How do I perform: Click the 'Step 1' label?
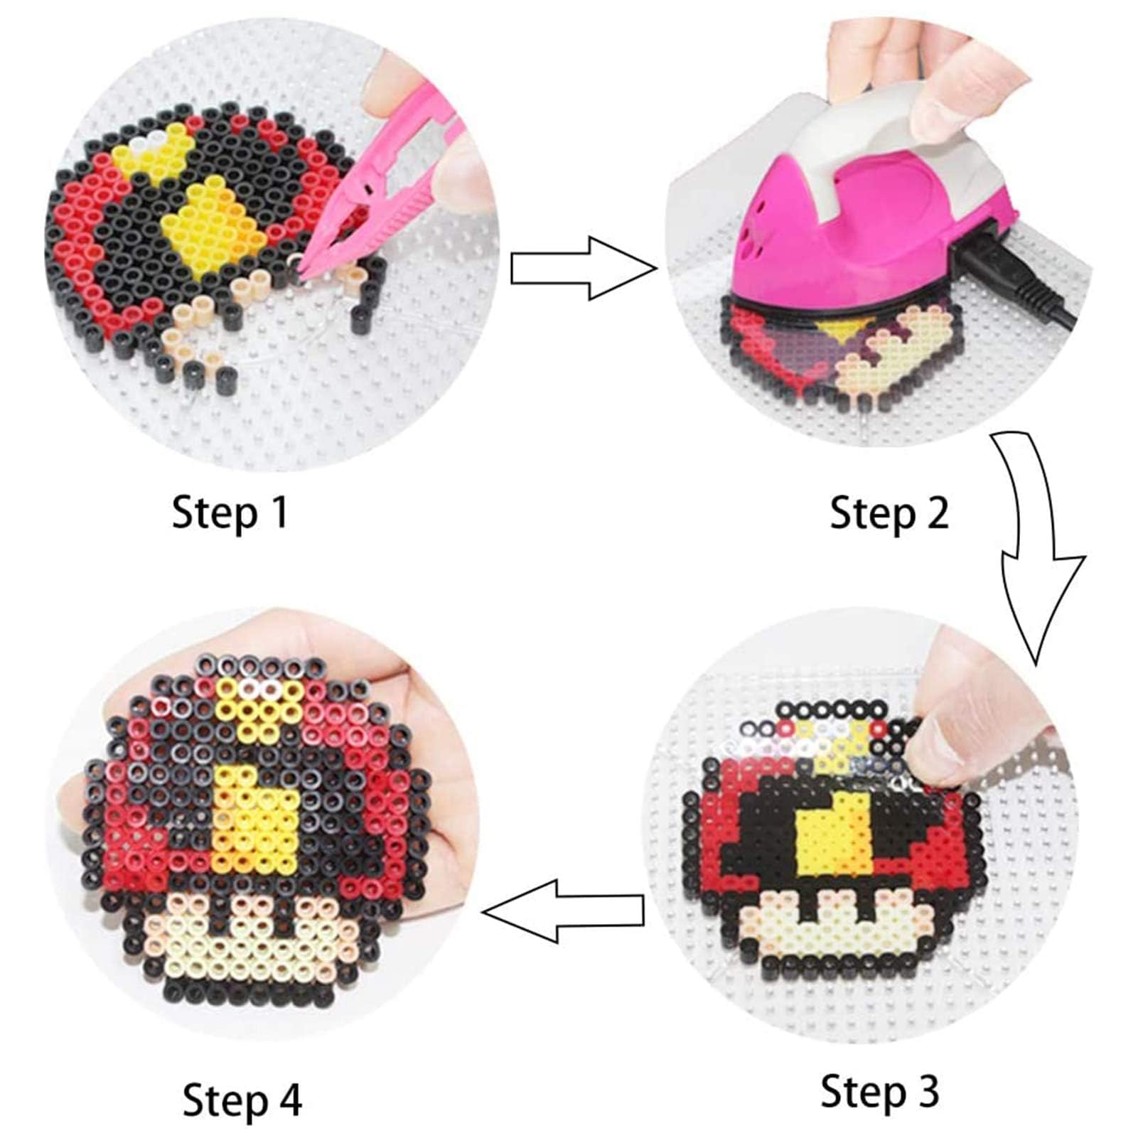coord(230,512)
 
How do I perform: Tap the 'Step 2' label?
coord(889,512)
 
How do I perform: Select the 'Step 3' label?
coord(880,1090)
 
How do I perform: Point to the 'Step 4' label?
coord(242,1100)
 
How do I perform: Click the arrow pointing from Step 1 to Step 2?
coord(584,269)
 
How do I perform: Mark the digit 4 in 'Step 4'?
coord(291,1099)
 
